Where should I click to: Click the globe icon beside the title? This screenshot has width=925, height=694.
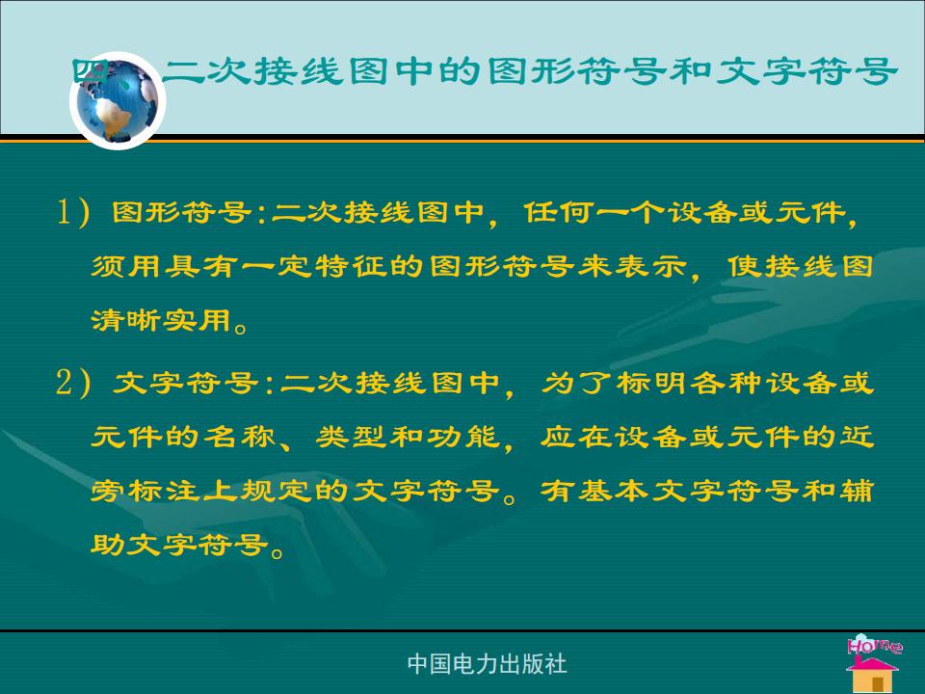tap(118, 100)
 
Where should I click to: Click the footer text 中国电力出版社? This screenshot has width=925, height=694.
tap(488, 664)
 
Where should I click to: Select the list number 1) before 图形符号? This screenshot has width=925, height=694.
tap(74, 211)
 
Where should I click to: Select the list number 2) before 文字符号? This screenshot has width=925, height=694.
tap(74, 383)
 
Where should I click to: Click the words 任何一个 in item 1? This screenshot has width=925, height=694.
tap(595, 212)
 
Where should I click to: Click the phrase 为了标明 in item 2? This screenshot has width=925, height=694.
tap(614, 384)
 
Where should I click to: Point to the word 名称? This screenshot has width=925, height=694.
tap(240, 438)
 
